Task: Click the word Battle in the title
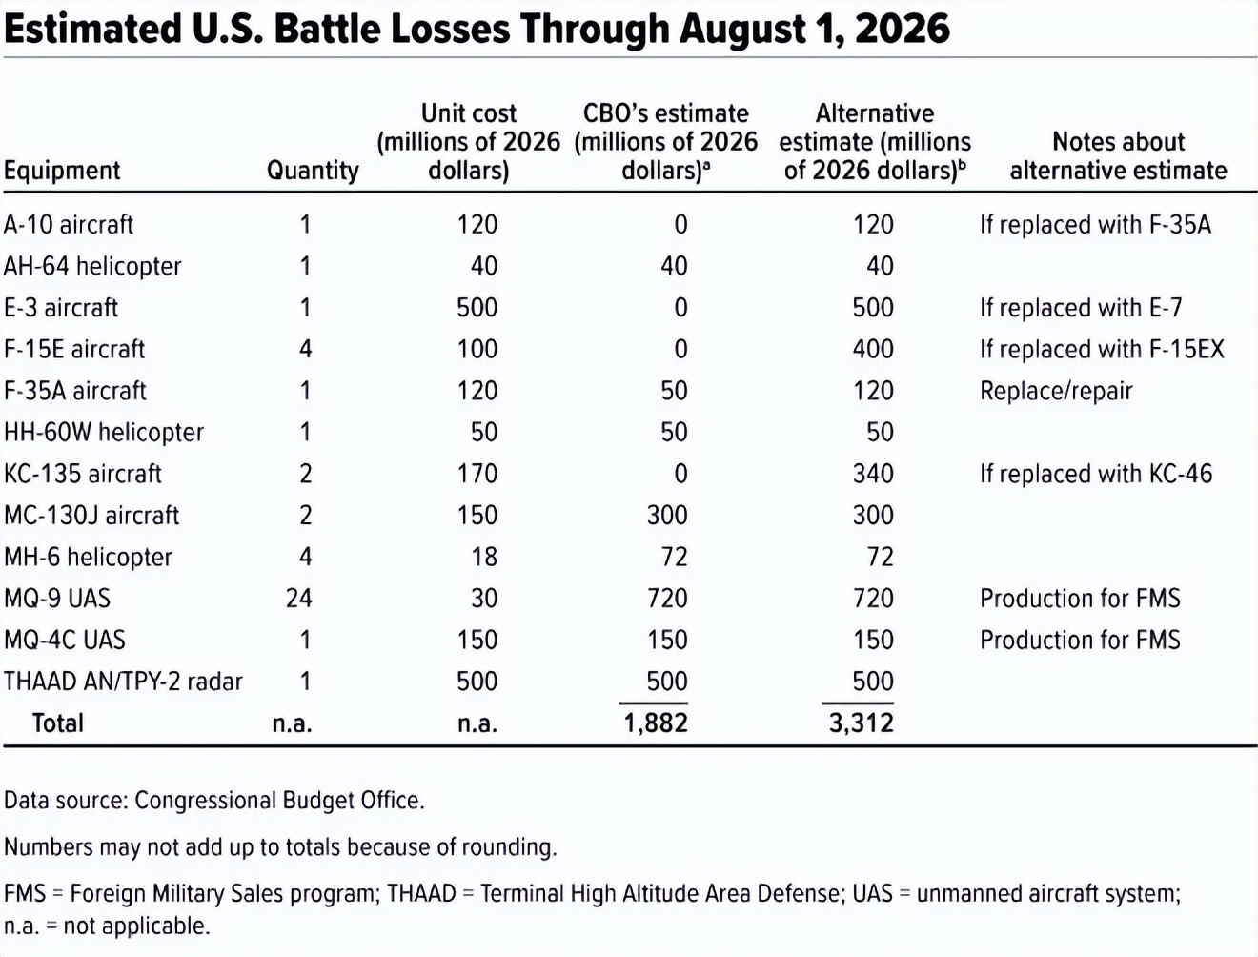tap(327, 29)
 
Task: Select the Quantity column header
tap(313, 171)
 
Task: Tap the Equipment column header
tap(62, 171)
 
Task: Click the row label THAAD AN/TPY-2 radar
tap(123, 682)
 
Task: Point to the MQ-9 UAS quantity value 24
tap(298, 599)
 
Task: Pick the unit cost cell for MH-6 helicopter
tap(484, 557)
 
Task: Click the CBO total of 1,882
tap(656, 723)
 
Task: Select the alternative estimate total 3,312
tap(861, 723)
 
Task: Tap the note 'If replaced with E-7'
tap(1081, 308)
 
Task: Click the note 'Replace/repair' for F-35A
tap(1056, 391)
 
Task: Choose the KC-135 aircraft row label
tap(83, 474)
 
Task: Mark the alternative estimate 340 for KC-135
tap(873, 474)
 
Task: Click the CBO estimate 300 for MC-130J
tap(667, 515)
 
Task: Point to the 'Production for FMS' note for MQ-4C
tap(1080, 641)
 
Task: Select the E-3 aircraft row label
tap(61, 308)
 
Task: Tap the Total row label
tap(58, 723)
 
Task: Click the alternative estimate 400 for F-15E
tap(873, 349)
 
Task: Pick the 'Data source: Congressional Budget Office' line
tap(214, 801)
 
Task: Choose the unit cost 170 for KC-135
tap(477, 474)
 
